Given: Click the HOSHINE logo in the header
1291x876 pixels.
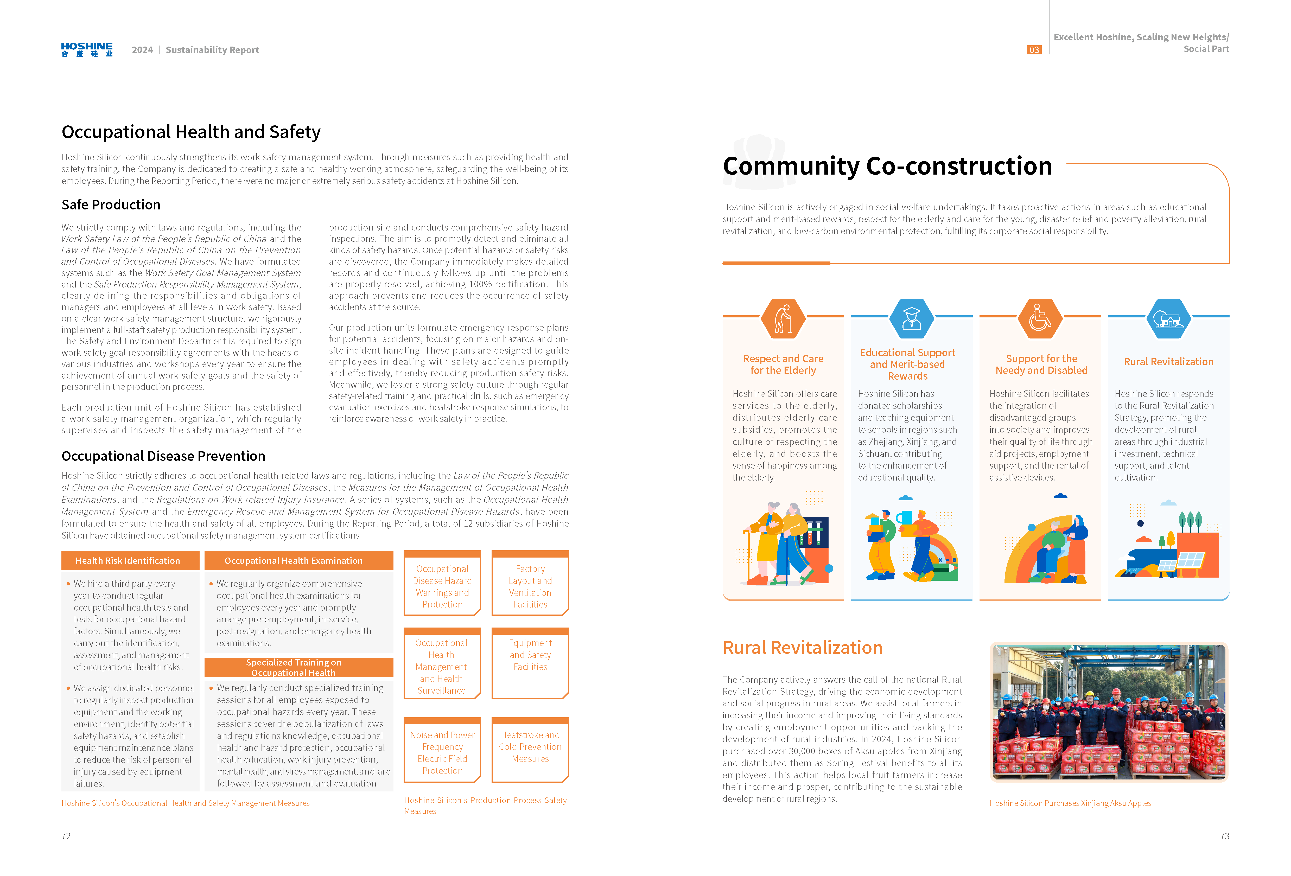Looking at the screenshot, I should point(87,49).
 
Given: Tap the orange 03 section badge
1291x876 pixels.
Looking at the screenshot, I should point(1033,50).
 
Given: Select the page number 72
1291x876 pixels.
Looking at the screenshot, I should point(66,836).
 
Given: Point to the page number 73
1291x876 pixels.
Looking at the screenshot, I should point(1224,836).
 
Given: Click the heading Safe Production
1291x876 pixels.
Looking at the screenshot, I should point(111,205).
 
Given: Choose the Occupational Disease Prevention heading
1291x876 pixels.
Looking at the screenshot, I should point(163,456).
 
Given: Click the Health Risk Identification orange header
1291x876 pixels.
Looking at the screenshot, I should point(128,560).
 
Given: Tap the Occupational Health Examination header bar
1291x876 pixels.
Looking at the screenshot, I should point(293,560).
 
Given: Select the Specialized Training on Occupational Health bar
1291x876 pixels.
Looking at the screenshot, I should point(293,667).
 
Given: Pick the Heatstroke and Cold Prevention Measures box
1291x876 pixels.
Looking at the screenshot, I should point(530,748).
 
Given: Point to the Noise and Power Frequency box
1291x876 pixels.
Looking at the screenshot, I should point(442,752).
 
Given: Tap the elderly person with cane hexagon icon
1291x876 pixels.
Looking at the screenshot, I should point(783,319).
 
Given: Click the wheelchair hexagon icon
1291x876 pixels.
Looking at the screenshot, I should point(1040,319).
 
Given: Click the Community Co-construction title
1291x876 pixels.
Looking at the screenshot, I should point(887,166).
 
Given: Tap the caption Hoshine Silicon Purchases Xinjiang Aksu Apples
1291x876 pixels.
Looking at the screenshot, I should point(1070,803).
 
